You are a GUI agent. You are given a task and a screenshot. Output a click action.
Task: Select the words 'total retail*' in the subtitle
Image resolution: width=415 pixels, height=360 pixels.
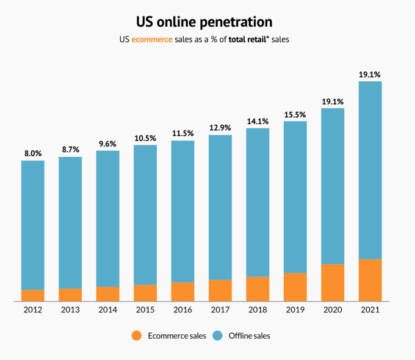click(250, 41)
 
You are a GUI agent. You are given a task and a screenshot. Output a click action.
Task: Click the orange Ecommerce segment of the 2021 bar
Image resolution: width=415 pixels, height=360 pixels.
click(370, 280)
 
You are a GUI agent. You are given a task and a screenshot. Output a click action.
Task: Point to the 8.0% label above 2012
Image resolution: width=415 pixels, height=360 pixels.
click(33, 153)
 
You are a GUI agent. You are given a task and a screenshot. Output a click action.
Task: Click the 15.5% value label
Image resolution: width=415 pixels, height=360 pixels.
click(295, 114)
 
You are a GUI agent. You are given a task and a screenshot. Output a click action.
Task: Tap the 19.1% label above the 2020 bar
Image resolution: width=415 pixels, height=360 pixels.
click(333, 101)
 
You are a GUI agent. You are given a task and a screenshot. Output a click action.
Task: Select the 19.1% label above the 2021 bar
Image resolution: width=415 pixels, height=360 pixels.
click(370, 74)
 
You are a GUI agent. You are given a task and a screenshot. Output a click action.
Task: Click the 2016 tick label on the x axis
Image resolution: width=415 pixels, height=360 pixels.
click(182, 310)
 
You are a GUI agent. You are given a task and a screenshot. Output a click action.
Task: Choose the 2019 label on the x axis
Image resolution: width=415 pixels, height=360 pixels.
click(295, 310)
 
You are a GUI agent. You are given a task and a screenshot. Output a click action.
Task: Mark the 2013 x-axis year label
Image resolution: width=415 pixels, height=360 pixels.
click(70, 310)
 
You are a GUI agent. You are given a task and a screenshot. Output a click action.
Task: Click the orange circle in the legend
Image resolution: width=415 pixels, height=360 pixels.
click(136, 336)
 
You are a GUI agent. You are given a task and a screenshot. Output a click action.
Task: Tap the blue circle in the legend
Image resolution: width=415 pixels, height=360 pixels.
click(217, 336)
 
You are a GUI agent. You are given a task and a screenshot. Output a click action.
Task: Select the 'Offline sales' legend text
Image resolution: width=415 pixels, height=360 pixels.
click(249, 336)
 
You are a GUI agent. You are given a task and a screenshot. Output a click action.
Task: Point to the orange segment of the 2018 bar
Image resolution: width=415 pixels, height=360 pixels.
click(258, 289)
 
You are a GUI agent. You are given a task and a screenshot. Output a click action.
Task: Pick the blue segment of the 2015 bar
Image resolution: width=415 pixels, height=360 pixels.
click(145, 214)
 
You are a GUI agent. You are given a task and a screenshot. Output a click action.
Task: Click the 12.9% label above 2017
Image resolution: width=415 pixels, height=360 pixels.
click(220, 128)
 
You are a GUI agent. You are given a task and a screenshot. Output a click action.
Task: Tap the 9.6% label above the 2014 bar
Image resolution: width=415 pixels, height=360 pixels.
click(107, 143)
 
